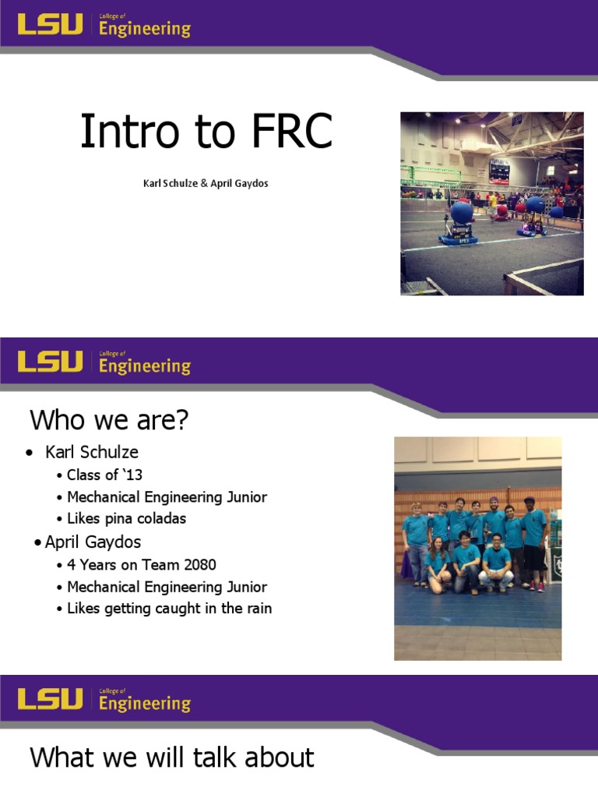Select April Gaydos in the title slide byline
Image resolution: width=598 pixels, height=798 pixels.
(237, 185)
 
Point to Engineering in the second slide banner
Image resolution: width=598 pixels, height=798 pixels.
(145, 365)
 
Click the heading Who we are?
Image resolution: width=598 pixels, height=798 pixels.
(109, 421)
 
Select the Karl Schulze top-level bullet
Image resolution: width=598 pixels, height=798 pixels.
(92, 452)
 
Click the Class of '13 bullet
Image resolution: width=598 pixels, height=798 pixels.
(104, 475)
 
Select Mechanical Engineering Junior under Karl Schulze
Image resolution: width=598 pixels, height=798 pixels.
(167, 496)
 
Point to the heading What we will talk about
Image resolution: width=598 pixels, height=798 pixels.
(171, 757)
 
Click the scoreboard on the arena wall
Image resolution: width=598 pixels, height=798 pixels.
(498, 168)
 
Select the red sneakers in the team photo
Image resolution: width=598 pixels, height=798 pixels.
(536, 585)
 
